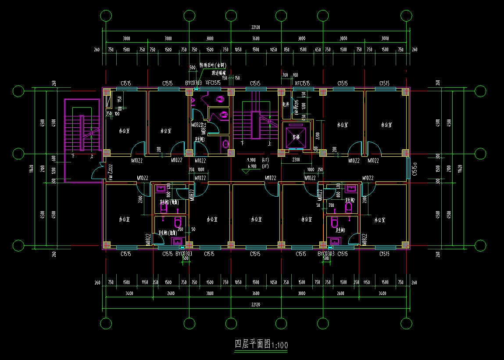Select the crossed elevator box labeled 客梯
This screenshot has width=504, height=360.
coord(296,134)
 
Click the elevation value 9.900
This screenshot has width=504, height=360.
coord(252,160)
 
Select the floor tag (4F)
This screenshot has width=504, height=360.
coord(265,160)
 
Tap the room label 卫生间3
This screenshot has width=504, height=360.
coord(200,139)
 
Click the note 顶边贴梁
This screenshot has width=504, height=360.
coord(218,72)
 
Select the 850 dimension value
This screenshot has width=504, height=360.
coord(286,50)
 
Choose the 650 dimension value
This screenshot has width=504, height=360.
coord(318,50)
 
